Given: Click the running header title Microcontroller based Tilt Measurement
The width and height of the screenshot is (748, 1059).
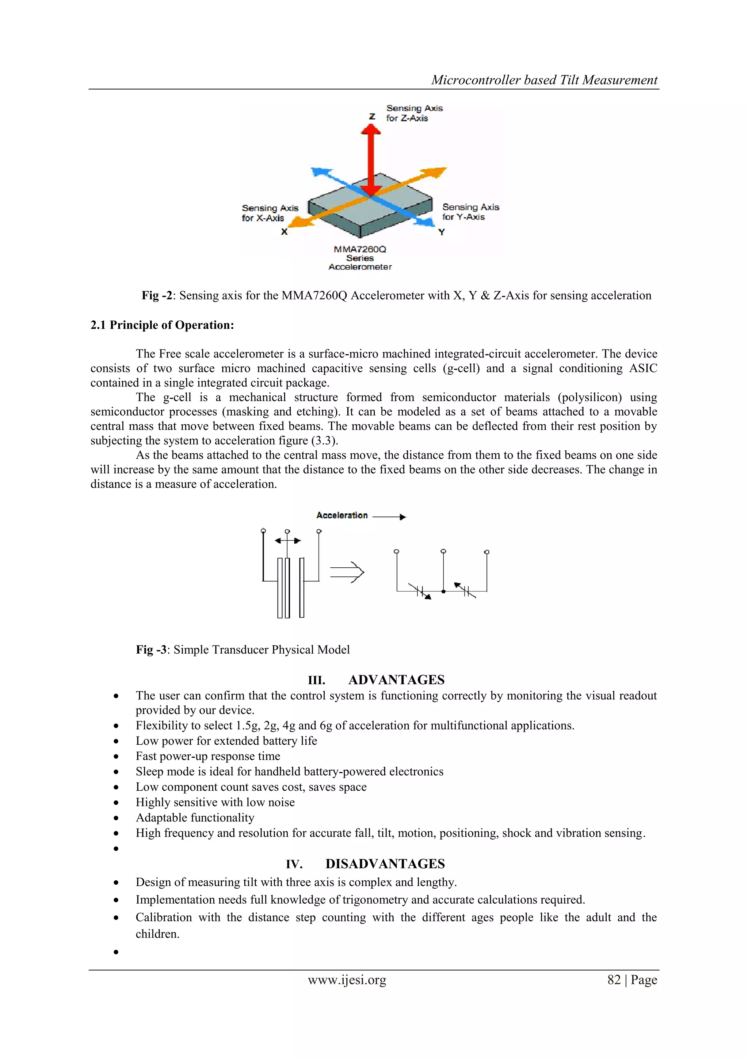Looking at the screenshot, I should tap(544, 80).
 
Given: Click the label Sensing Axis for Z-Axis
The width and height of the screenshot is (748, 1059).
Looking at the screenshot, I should tap(413, 113).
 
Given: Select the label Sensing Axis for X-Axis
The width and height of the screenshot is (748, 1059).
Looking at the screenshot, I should tap(270, 213).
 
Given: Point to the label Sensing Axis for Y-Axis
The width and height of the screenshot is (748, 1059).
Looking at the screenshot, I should tap(470, 212).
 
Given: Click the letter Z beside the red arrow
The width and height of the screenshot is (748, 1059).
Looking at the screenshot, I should tap(372, 117).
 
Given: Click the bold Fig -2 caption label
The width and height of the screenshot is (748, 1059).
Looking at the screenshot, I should tap(157, 296).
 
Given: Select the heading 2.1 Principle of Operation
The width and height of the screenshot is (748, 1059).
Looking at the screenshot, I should tap(162, 325).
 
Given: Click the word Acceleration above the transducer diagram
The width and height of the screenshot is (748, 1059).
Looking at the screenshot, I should tap(341, 515).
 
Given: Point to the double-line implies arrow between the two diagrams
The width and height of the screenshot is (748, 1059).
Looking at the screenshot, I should tap(347, 572).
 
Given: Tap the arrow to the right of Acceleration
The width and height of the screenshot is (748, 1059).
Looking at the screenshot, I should tap(389, 517).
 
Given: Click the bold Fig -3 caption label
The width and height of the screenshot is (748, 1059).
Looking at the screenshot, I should tap(151, 650).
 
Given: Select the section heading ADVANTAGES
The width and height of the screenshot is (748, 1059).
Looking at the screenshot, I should tap(396, 680).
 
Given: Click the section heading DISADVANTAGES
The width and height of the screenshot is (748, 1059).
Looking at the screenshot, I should tap(385, 864).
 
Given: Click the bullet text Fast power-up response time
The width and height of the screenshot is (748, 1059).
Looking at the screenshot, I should tap(208, 756).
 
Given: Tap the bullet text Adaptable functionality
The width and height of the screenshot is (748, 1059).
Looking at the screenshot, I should tap(195, 818).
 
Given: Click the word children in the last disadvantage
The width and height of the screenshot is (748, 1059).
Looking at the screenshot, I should tap(157, 934).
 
